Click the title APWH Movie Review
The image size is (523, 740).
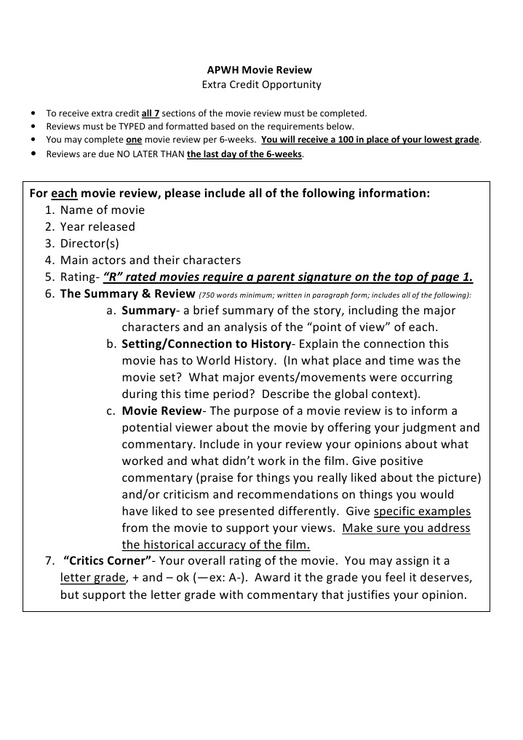point(260,70)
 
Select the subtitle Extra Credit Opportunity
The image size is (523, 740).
point(260,84)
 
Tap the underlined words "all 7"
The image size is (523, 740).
point(151,114)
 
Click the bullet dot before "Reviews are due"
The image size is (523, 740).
point(33,154)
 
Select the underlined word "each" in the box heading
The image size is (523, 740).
point(64,194)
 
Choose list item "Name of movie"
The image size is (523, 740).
point(102,210)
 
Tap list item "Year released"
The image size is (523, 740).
point(97,227)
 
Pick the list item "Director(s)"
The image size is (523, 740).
point(89,244)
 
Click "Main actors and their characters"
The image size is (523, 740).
point(150,260)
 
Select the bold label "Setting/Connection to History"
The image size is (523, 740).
point(206,344)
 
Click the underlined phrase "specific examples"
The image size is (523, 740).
point(422,512)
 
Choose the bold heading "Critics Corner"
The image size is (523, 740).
point(108,561)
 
